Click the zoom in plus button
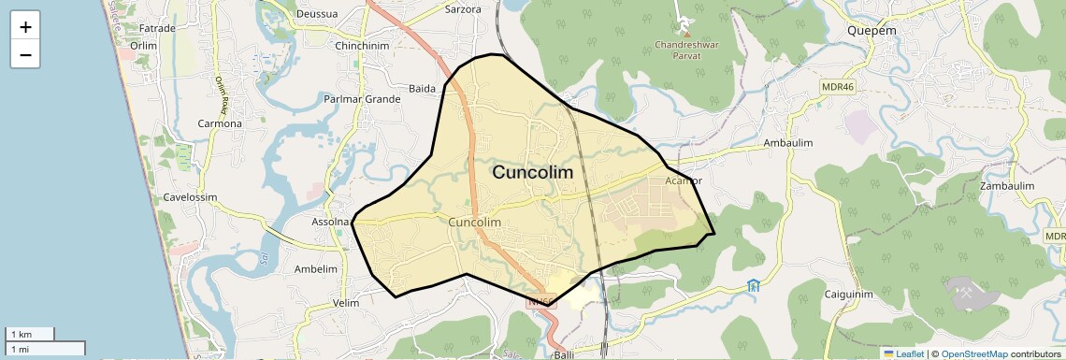[25, 26]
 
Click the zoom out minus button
[25, 54]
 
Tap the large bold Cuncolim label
[532, 172]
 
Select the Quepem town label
[871, 30]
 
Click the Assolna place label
[329, 223]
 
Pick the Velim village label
[345, 304]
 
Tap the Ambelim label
[315, 269]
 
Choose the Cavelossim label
[190, 198]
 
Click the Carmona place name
[220, 123]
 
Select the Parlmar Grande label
[362, 98]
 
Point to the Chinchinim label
[362, 46]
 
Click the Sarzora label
[463, 9]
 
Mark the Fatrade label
[157, 29]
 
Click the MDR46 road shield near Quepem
[837, 86]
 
